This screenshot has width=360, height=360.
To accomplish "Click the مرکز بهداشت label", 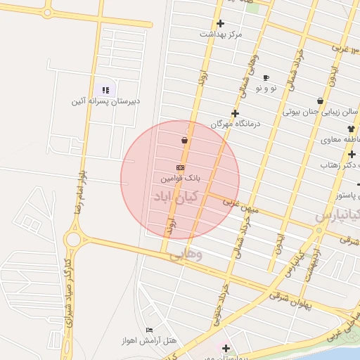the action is (220, 34).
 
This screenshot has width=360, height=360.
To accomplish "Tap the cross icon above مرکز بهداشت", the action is (220, 23).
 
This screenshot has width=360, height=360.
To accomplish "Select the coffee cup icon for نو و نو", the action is (266, 77).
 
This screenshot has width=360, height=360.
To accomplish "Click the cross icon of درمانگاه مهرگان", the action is (235, 113).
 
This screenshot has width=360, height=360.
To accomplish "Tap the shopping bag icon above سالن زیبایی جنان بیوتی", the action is (320, 101).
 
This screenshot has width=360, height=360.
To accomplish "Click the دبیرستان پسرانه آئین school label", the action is (105, 101).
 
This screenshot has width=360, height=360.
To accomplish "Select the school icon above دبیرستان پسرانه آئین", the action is (105, 90).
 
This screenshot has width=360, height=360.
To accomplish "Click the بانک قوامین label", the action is (179, 179).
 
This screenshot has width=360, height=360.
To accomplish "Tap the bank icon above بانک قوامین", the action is (180, 168).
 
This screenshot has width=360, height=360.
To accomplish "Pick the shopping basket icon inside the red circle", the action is (184, 141).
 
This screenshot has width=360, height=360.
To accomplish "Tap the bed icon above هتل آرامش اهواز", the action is (149, 330).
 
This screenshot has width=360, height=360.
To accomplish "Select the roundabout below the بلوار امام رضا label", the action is (72, 238).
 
